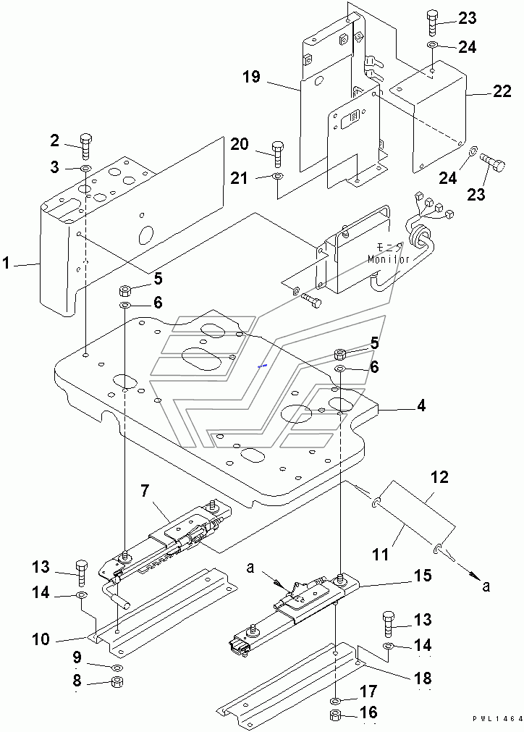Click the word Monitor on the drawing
tap(389, 259)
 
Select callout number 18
tap(423, 679)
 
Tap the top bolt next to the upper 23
tap(431, 22)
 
